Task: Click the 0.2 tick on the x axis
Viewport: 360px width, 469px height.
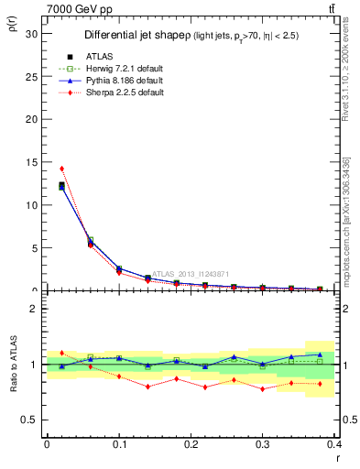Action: click(x=191, y=445)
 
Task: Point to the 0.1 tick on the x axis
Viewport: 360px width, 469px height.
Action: click(x=119, y=445)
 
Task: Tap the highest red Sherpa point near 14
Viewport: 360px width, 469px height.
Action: click(x=61, y=169)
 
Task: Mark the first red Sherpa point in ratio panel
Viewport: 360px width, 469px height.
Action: click(x=61, y=353)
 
